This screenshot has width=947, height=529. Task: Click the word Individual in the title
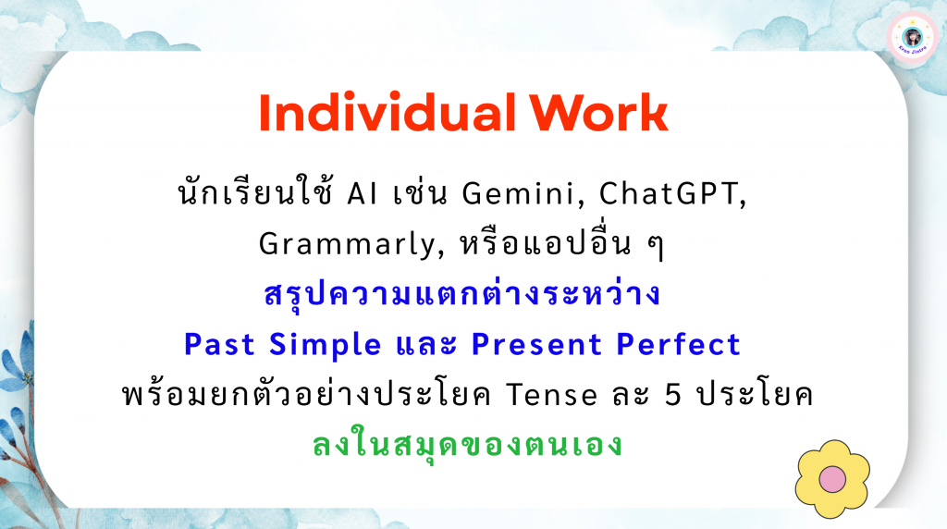point(387,112)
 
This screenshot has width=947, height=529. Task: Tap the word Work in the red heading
point(598,112)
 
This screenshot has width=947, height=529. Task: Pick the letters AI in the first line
point(362,194)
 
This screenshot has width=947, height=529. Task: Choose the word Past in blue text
point(219,345)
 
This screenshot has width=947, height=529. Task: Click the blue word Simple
point(325,345)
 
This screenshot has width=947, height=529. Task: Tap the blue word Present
point(536,345)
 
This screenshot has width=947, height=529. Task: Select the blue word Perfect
point(678,345)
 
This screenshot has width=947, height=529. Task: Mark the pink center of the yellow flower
point(832,479)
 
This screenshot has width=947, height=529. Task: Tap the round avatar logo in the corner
point(913,37)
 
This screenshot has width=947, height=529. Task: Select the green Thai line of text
point(467,444)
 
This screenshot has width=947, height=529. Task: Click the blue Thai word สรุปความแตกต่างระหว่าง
point(462,295)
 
